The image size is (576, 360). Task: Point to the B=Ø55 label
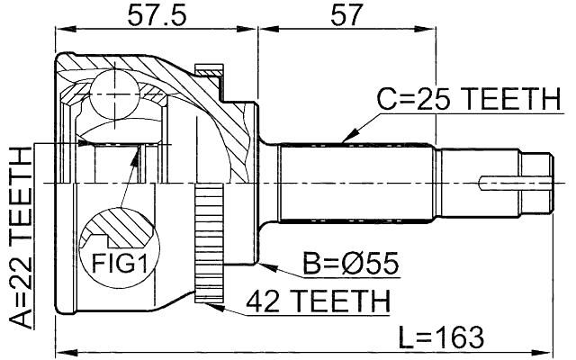[351, 265]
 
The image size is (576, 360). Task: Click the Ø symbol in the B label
[347, 265]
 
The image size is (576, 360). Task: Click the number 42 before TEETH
[267, 301]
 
